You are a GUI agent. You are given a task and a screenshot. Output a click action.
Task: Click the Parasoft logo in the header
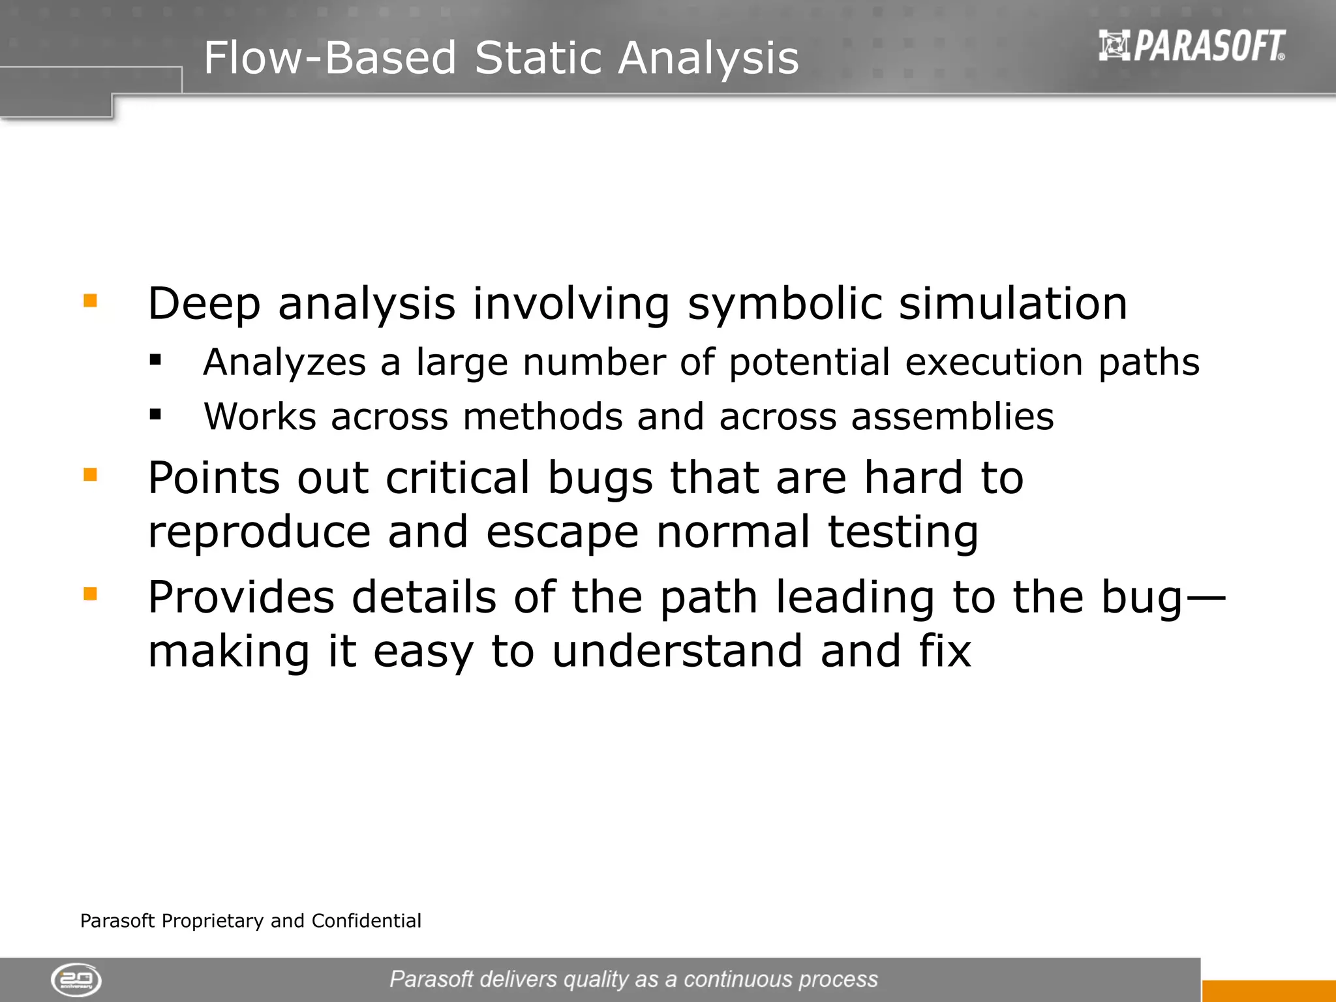click(1192, 46)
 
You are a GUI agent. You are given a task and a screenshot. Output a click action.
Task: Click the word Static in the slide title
click(537, 58)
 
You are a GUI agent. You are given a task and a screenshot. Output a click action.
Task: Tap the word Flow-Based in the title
click(329, 58)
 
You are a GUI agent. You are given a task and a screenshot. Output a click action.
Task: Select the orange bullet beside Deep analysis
click(90, 301)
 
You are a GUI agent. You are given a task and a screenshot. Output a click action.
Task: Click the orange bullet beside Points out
click(90, 474)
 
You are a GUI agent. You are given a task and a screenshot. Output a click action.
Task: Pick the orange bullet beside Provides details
click(90, 594)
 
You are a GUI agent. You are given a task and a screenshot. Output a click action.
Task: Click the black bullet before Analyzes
click(155, 359)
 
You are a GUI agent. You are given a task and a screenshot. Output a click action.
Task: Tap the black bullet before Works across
click(155, 414)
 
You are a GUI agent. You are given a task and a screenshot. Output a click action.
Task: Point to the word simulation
click(1012, 304)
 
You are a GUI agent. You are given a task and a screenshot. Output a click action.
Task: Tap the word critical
click(457, 478)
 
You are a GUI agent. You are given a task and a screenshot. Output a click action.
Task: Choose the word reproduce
click(259, 532)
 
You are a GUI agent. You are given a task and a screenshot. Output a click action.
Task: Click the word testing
click(903, 532)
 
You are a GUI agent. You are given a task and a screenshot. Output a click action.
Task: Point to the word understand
click(677, 652)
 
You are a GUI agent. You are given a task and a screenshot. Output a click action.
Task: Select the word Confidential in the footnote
click(366, 921)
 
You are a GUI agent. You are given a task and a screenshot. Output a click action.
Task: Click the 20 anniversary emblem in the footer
click(76, 980)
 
